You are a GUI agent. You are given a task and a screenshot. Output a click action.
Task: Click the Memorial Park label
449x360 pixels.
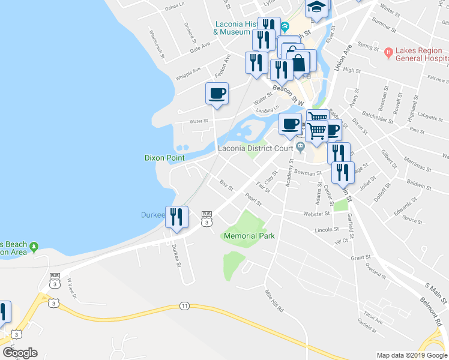[x=249, y=236]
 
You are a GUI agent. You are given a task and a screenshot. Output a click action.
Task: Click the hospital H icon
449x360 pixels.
[x=388, y=53]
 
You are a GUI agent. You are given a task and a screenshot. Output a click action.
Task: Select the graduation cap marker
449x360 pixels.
[x=316, y=8]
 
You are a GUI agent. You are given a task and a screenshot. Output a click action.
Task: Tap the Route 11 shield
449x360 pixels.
[x=183, y=306]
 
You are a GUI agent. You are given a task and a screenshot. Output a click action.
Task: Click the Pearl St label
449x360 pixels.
[x=254, y=199]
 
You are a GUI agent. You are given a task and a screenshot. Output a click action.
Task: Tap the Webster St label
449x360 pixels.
[x=318, y=214]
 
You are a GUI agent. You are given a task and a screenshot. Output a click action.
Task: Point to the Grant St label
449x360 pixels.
[x=360, y=258]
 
